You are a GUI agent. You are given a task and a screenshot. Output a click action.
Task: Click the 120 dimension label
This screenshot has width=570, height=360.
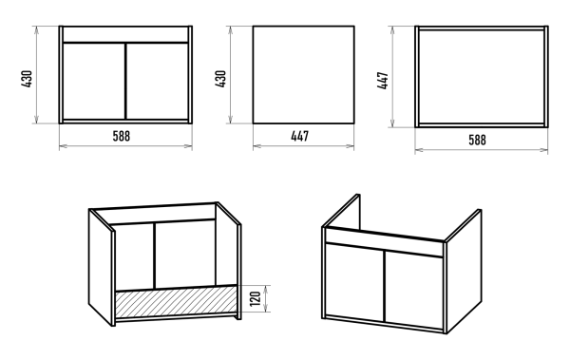(256, 298)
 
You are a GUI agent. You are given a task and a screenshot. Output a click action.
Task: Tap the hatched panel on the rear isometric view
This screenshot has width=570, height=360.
(176, 301)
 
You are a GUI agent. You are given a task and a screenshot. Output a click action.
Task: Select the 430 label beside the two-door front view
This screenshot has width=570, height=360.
(27, 78)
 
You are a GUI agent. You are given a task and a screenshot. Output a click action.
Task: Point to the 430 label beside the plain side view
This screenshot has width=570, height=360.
(220, 78)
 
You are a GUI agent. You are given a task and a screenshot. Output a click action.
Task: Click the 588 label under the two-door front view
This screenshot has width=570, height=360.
(121, 136)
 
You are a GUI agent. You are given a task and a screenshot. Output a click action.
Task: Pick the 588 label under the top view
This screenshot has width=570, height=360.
(477, 140)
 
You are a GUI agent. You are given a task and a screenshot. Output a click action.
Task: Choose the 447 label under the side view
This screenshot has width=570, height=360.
(300, 136)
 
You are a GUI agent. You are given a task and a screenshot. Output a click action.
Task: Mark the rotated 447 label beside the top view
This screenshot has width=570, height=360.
(383, 81)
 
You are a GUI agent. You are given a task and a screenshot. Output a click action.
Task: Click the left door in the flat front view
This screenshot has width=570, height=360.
(94, 81)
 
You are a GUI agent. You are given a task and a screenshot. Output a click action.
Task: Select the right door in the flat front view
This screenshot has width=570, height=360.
(157, 81)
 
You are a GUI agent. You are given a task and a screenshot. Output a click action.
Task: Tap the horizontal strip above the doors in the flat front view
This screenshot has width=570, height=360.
(125, 34)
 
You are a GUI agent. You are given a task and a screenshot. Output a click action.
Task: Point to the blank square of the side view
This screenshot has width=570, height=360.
(304, 74)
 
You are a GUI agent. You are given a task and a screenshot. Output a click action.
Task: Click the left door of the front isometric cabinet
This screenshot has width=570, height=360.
(354, 282)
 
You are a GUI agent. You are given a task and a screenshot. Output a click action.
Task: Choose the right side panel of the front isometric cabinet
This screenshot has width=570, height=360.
(465, 271)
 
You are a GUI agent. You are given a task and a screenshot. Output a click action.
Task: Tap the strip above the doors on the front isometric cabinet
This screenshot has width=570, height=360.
(384, 242)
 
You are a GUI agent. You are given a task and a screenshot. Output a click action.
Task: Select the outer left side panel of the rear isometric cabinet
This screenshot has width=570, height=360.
(101, 267)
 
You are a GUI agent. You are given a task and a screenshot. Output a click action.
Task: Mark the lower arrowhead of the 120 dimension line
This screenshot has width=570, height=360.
(266, 309)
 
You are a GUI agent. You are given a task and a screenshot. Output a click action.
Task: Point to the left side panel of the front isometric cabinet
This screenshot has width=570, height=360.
(342, 210)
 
